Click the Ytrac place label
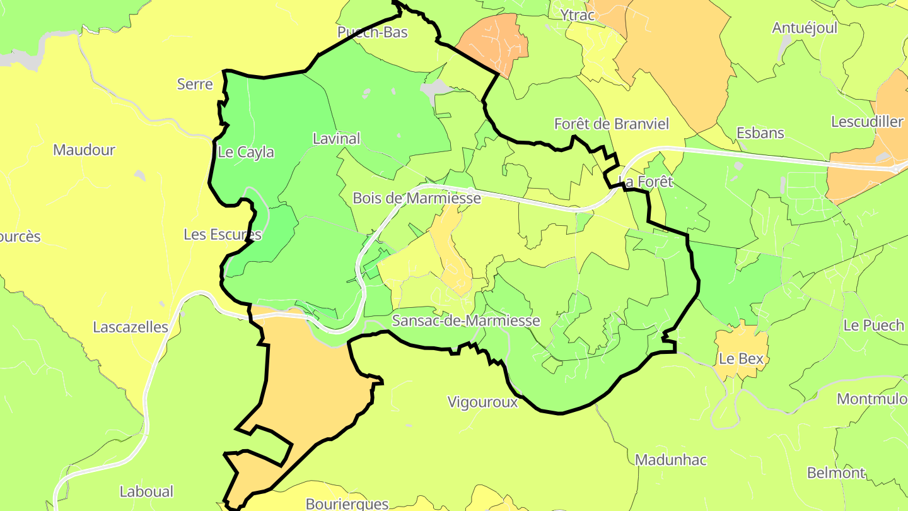click(577, 15)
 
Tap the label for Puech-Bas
click(372, 32)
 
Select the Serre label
click(195, 84)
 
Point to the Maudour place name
click(84, 150)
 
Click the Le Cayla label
click(246, 152)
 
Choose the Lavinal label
click(336, 138)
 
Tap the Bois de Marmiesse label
click(417, 198)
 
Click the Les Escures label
click(222, 235)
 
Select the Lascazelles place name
click(131, 327)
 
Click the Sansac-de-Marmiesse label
click(466, 320)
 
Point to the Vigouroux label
click(482, 402)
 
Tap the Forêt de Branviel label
click(611, 124)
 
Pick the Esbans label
click(760, 133)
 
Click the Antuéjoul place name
click(805, 28)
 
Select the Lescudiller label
click(867, 122)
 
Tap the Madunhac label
click(670, 460)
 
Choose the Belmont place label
click(836, 473)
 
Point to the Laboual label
click(146, 491)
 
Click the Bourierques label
click(347, 503)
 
